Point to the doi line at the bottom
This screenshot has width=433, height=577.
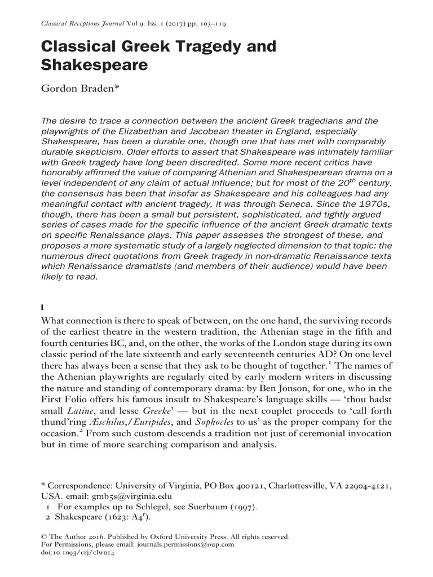78,553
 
